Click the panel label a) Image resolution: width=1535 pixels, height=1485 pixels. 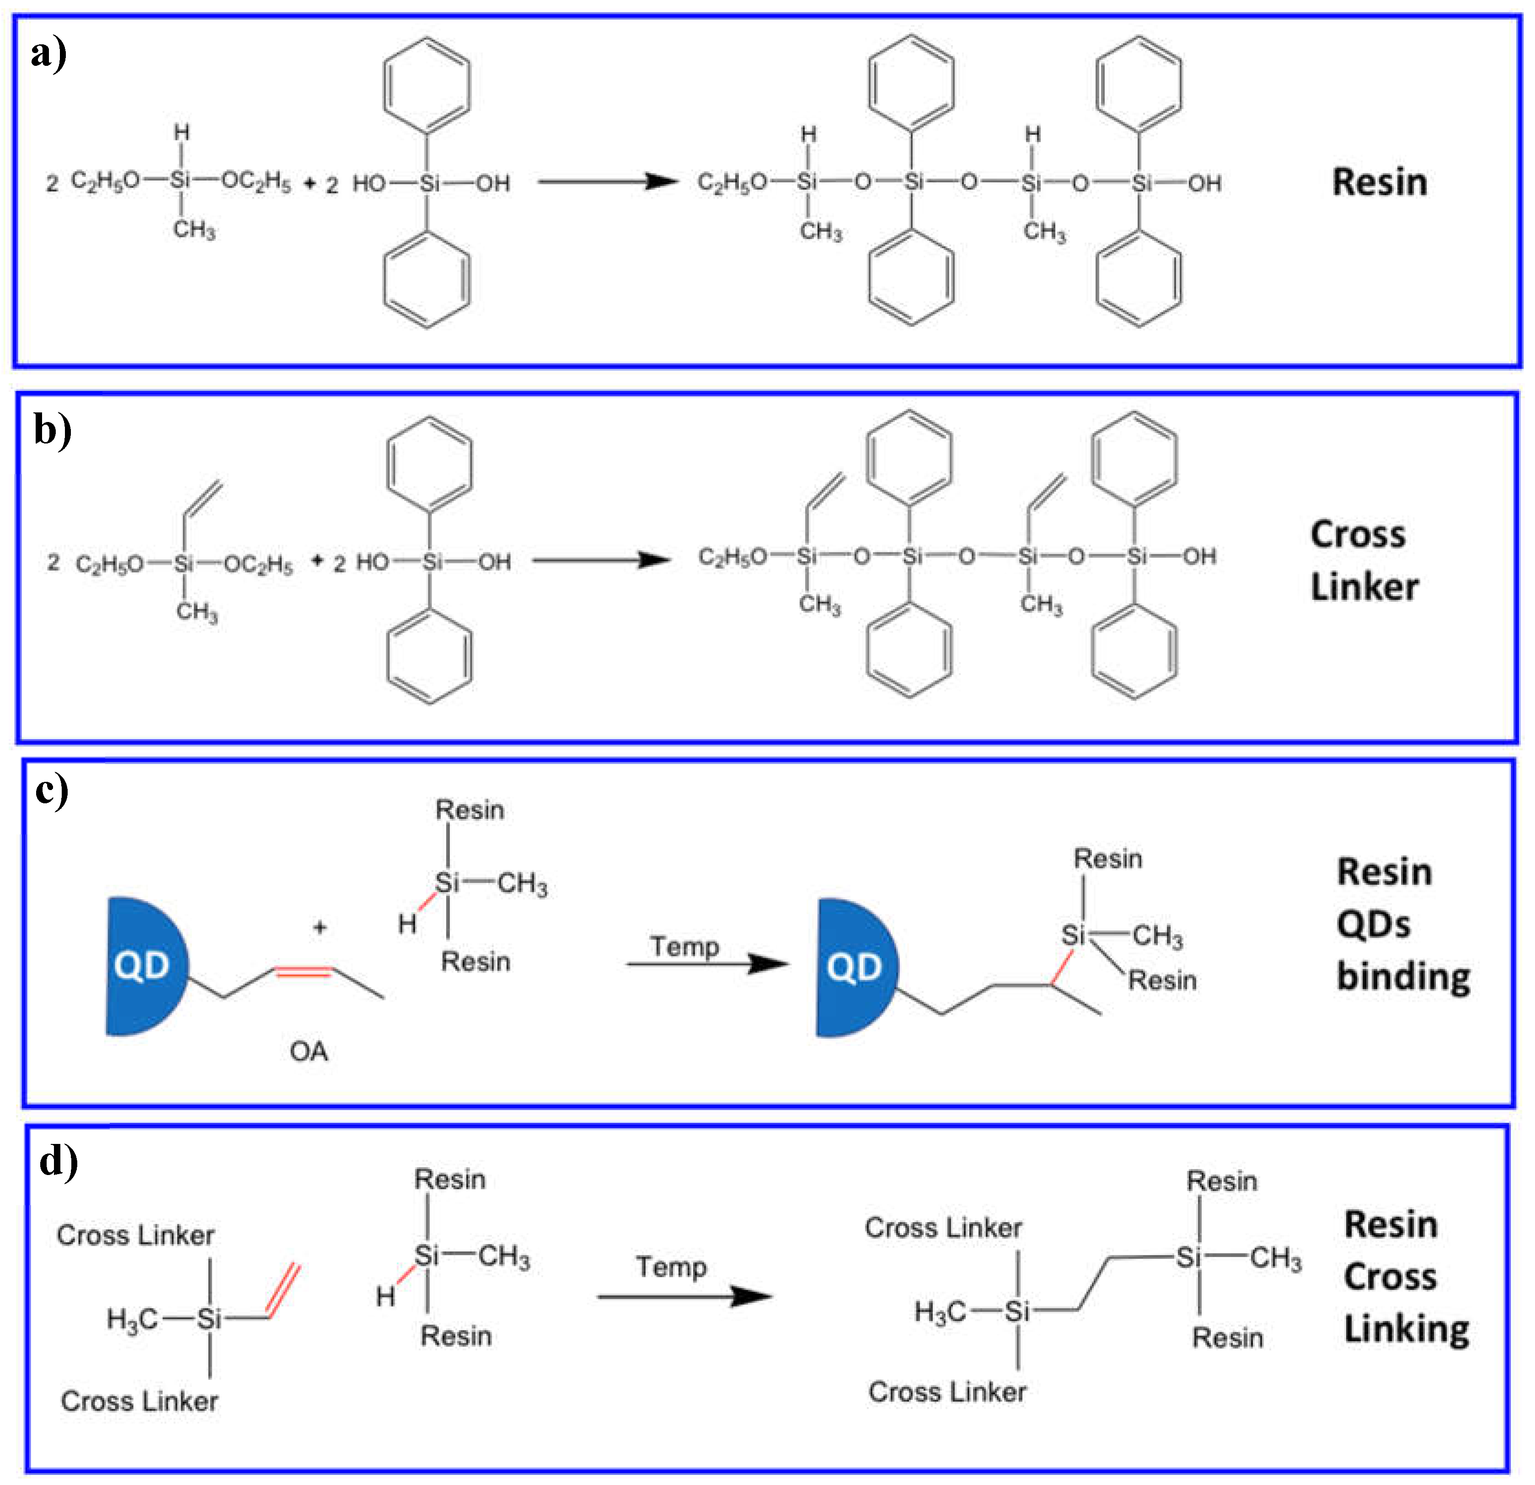click(48, 55)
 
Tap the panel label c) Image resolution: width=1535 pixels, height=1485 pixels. click(52, 791)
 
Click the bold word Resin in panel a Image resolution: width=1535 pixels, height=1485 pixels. click(1380, 182)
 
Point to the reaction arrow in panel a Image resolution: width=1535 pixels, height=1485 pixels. click(607, 182)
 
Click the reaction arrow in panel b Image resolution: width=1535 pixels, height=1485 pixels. click(601, 560)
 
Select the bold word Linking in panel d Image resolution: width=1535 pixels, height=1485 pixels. click(1407, 1330)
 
